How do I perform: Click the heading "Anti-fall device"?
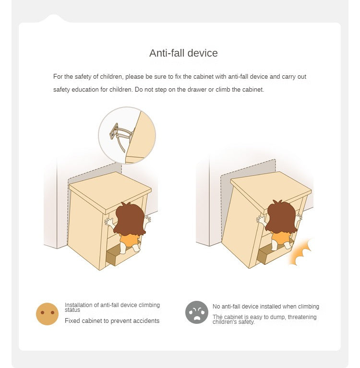click(x=183, y=53)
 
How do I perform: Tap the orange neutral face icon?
click(x=47, y=314)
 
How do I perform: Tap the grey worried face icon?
click(x=196, y=312)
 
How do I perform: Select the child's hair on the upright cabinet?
click(x=130, y=219)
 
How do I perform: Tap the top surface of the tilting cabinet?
click(x=271, y=190)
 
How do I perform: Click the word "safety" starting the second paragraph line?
click(x=61, y=90)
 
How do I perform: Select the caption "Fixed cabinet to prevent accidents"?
click(x=112, y=321)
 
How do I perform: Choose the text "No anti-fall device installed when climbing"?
click(x=266, y=307)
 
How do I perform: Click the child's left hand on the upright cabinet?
click(x=109, y=222)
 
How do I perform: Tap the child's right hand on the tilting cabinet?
click(x=299, y=218)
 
